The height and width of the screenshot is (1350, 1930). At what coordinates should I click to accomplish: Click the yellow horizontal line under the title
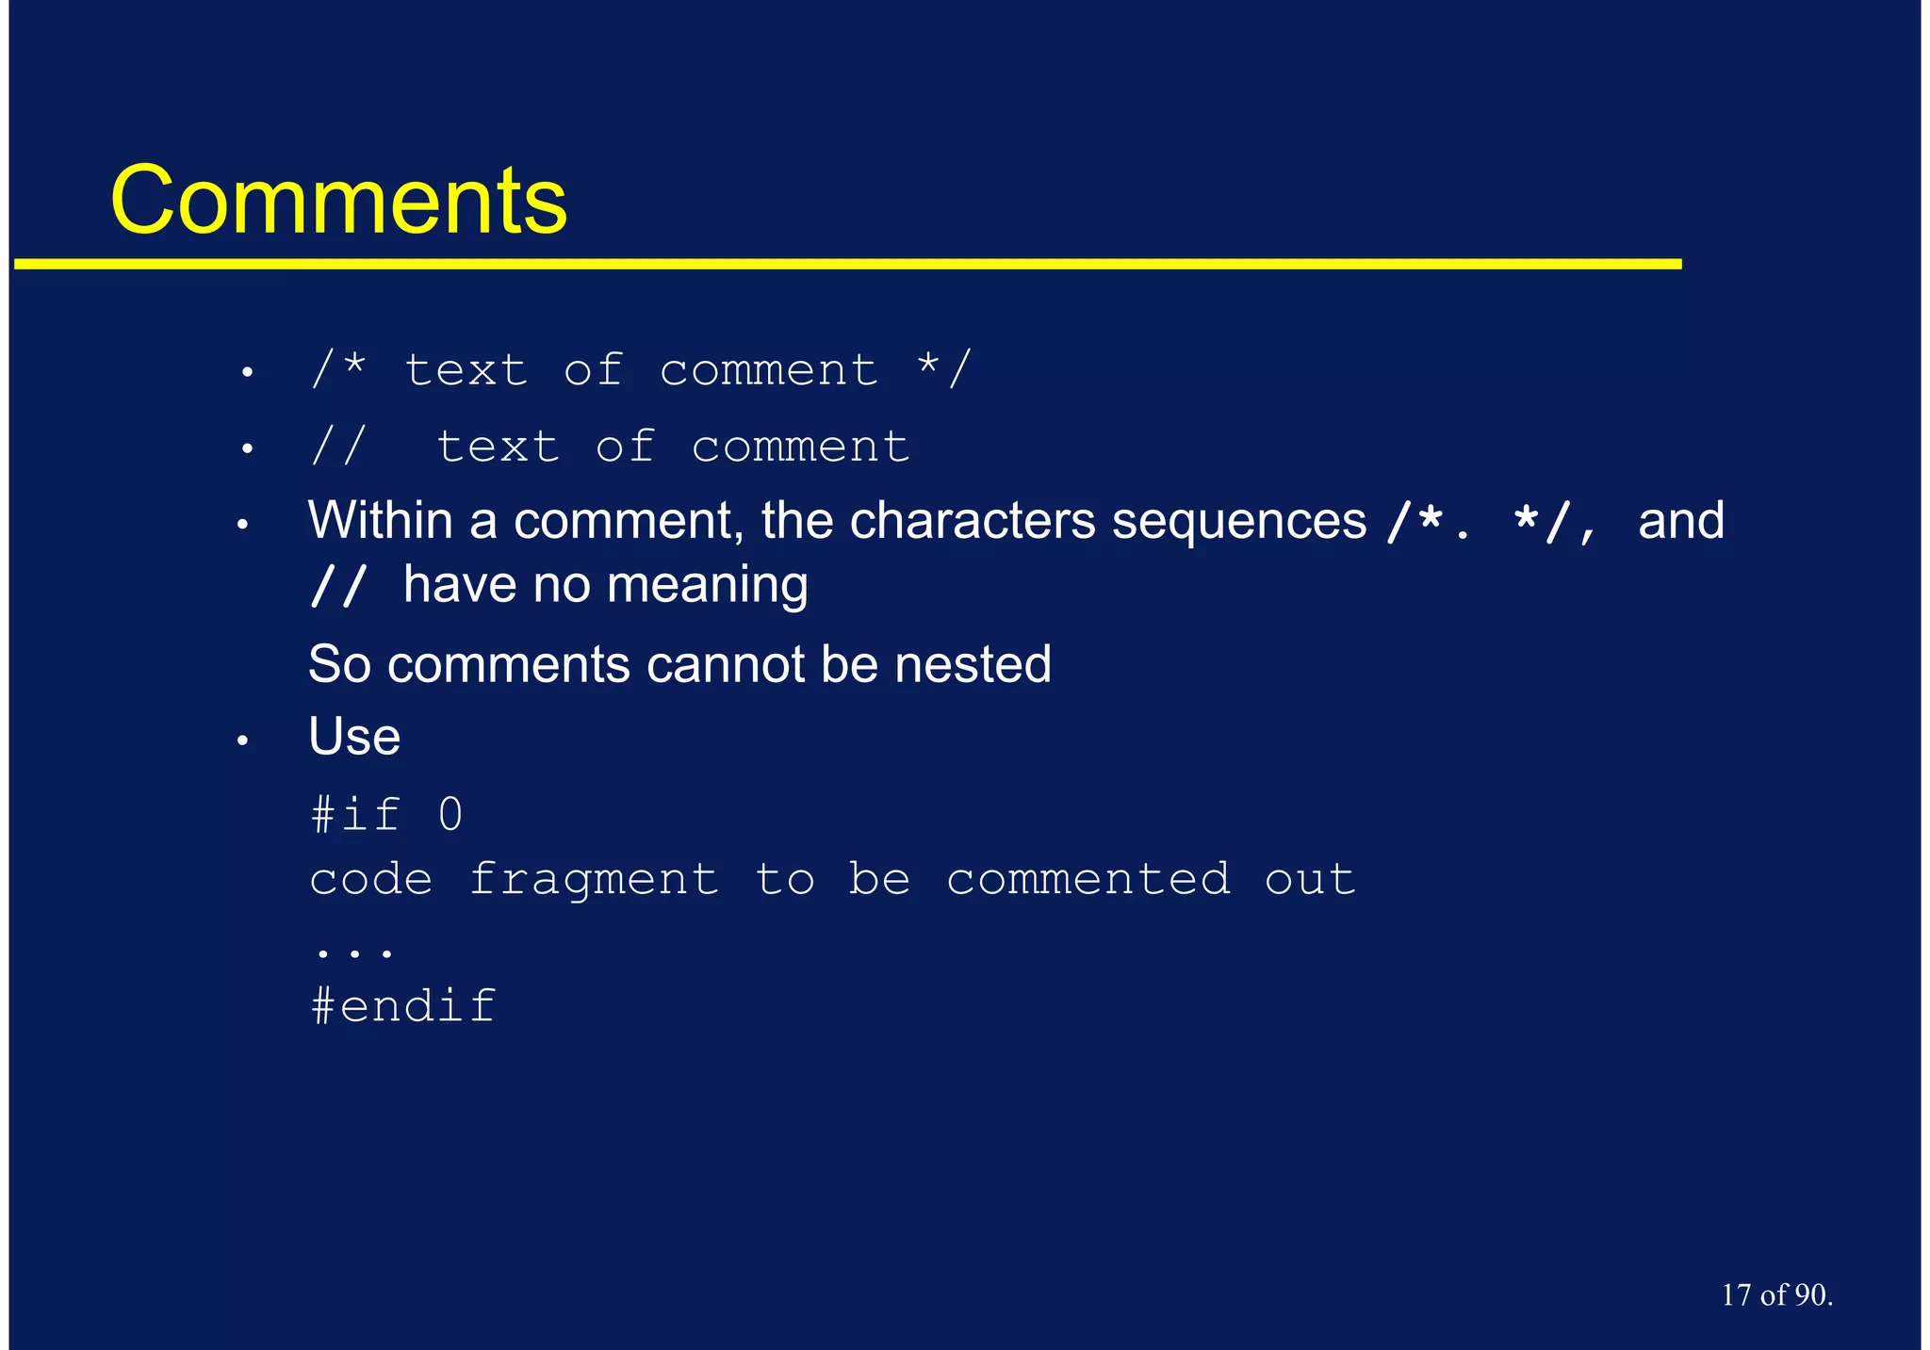pos(848,265)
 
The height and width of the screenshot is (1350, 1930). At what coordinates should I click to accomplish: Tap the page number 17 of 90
pos(1776,1295)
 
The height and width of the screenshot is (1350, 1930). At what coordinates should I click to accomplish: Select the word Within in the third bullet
pos(380,520)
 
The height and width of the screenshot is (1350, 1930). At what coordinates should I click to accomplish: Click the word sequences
pos(1238,520)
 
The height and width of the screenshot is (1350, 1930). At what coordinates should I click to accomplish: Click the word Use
pos(354,737)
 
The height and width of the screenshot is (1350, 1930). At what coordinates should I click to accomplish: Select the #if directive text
pos(356,815)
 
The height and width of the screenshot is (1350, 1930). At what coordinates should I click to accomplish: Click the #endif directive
pos(403,1006)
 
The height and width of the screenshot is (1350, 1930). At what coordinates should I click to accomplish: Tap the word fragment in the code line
pos(594,880)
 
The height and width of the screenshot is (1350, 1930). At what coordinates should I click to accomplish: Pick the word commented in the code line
pos(1088,880)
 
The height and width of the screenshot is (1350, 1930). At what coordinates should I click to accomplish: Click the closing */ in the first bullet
pos(944,368)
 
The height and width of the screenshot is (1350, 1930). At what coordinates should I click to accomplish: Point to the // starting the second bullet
pos(337,446)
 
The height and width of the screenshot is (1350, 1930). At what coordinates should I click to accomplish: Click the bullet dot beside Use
pos(242,741)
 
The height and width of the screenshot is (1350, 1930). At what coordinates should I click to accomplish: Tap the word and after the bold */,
pos(1681,520)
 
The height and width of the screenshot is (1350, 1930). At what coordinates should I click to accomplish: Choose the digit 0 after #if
pos(450,815)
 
